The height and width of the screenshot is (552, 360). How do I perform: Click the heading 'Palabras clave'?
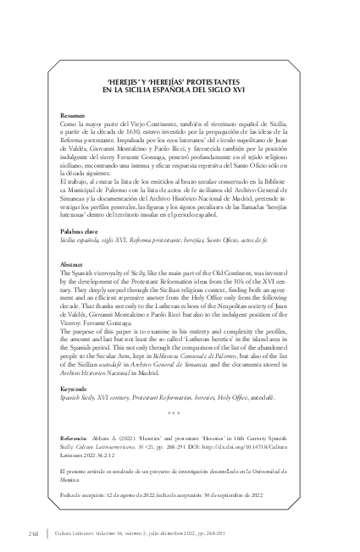click(81, 230)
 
